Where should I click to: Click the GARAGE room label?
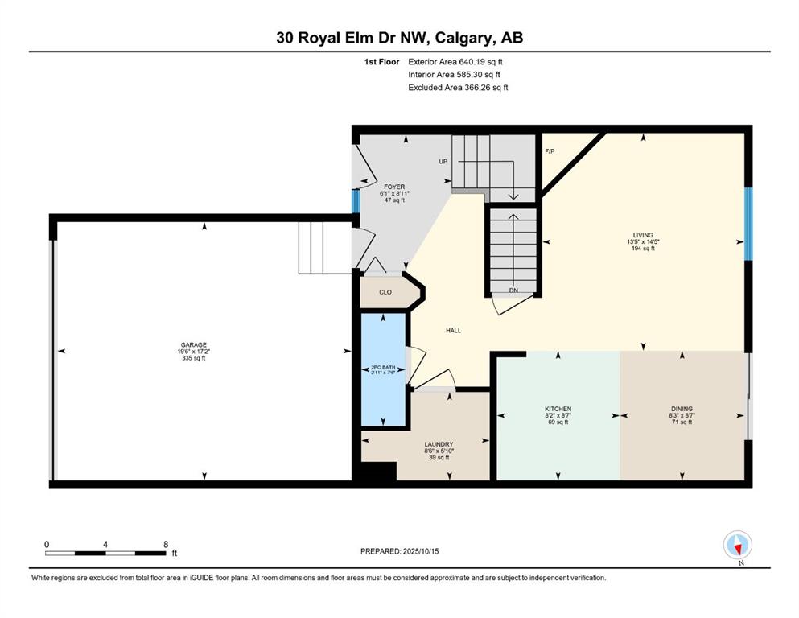point(194,345)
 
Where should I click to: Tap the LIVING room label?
point(643,236)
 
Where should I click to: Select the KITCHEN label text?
point(558,409)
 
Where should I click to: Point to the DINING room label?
point(682,409)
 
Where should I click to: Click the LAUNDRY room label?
point(439,444)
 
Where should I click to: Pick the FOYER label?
point(394,187)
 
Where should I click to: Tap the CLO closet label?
point(385,292)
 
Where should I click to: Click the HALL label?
point(454,331)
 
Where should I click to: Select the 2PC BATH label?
point(383,367)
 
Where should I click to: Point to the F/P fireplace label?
point(550,151)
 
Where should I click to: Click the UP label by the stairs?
point(443,162)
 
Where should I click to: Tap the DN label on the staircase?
point(513,290)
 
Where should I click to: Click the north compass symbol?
point(737,546)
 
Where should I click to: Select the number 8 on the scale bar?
point(166,544)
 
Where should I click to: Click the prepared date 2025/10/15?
point(420,551)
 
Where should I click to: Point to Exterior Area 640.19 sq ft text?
point(455,62)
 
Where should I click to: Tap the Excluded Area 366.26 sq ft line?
point(458,87)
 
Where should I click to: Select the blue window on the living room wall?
point(748,225)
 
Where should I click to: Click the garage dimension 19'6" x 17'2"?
point(194,352)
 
